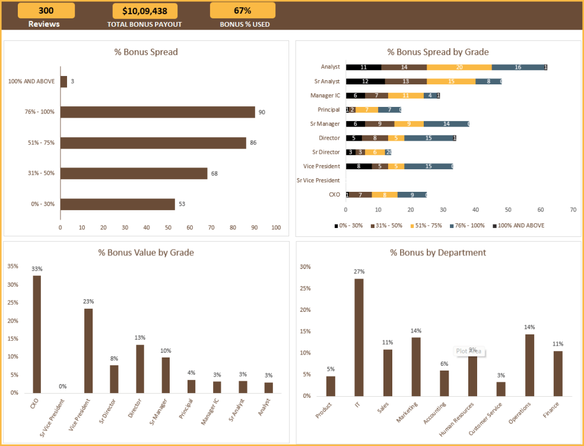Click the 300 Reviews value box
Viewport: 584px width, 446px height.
click(x=46, y=11)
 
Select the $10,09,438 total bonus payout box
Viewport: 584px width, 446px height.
click(x=144, y=11)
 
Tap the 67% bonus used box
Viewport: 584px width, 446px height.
click(x=242, y=11)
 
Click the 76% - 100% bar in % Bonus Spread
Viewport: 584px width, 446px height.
click(x=157, y=112)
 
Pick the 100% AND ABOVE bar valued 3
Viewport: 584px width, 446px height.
click(x=64, y=81)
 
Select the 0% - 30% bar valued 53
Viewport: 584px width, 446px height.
click(x=118, y=204)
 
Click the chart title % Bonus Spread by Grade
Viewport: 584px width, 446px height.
click(x=438, y=52)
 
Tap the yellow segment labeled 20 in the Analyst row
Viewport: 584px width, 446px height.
click(x=459, y=67)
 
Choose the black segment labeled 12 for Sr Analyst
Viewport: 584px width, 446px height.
click(x=365, y=81)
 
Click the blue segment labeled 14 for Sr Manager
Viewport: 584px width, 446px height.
click(x=446, y=124)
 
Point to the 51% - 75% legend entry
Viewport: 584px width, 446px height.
click(x=424, y=226)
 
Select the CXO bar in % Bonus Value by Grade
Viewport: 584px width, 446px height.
click(x=37, y=334)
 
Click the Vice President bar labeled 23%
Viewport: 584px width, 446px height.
click(x=88, y=350)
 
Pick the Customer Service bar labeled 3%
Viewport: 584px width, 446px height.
click(x=501, y=388)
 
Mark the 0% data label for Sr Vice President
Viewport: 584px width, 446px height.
click(x=62, y=387)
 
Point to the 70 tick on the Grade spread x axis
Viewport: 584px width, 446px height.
click(x=573, y=210)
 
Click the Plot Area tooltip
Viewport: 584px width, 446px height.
click(x=469, y=351)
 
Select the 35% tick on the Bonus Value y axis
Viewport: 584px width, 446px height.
click(x=13, y=266)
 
